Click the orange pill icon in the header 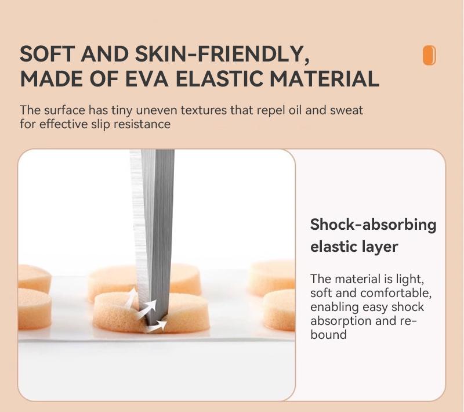coord(429,55)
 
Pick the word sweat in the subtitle coord(346,110)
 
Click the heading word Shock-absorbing coord(373,225)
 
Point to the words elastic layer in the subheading coord(354,247)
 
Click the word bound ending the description coord(328,335)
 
